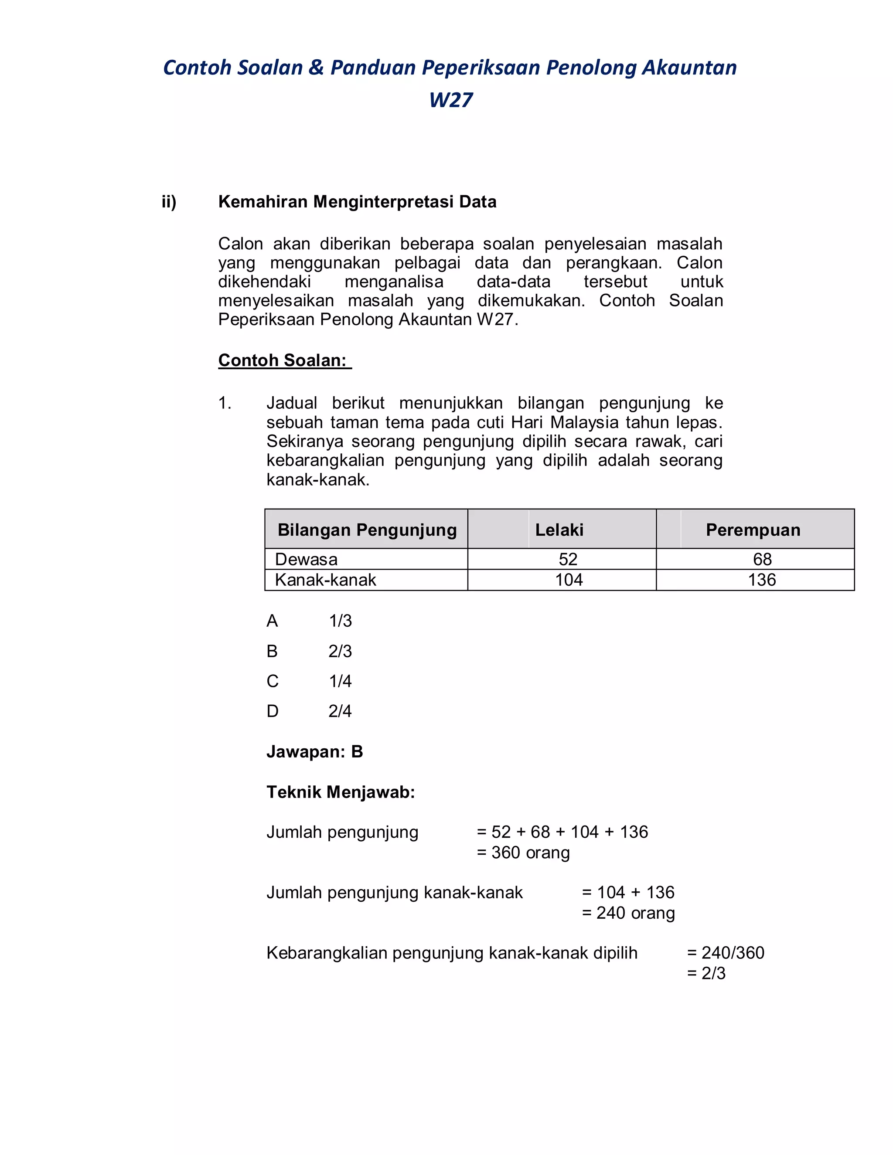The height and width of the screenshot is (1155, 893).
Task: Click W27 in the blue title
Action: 451,100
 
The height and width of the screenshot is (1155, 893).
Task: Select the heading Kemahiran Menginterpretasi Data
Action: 357,202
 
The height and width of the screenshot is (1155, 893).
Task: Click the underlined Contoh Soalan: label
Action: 284,360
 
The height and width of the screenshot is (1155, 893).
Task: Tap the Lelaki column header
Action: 559,530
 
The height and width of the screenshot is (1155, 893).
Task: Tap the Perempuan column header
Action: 753,530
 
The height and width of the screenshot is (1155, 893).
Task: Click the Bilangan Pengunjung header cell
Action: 367,530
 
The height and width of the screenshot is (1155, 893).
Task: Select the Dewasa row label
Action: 306,560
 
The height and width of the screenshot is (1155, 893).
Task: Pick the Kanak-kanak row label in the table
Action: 325,580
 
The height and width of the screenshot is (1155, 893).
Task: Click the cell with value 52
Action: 568,560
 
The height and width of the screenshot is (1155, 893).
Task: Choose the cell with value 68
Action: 762,560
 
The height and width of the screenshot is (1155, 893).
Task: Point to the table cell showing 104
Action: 569,580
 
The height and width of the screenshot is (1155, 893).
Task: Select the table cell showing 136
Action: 762,580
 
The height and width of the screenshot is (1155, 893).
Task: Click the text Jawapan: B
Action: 315,752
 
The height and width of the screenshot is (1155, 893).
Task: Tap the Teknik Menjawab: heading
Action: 341,792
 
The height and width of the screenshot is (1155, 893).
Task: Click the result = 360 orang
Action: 523,853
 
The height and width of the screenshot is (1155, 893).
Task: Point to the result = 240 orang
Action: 628,913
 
